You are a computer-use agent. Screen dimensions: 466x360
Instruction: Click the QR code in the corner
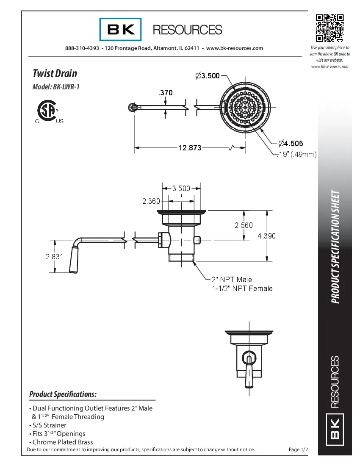(330, 28)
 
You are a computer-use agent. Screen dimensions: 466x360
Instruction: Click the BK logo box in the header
(121, 30)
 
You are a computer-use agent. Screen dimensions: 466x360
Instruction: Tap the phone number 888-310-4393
(82, 48)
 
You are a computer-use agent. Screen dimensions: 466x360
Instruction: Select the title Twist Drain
(55, 73)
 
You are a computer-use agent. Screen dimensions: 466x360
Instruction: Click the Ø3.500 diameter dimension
(208, 76)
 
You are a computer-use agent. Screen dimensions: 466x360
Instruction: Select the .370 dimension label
(165, 92)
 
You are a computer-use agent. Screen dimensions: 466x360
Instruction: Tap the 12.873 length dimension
(190, 148)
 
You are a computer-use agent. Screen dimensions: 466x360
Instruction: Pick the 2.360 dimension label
(151, 201)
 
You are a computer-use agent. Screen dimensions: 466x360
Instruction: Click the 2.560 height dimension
(244, 225)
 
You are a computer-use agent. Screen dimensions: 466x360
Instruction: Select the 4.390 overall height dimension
(266, 236)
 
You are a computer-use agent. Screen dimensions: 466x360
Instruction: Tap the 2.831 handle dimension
(54, 257)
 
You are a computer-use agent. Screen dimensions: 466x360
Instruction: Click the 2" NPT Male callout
(232, 280)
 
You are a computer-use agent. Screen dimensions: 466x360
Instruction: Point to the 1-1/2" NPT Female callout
(242, 288)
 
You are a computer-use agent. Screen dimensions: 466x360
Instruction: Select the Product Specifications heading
(63, 394)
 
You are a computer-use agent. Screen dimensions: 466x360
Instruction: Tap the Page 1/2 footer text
(298, 449)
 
